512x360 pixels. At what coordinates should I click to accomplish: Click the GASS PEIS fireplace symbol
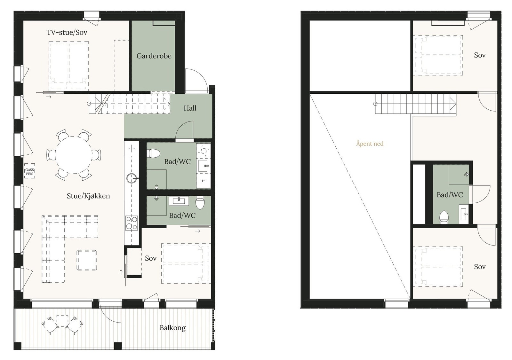pyautogui.click(x=30, y=172)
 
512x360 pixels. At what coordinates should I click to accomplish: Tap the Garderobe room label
pyautogui.click(x=154, y=56)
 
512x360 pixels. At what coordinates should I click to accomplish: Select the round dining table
pyautogui.click(x=74, y=155)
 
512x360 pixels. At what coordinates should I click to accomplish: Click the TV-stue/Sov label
pyautogui.click(x=67, y=32)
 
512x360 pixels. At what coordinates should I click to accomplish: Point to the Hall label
pyautogui.click(x=190, y=108)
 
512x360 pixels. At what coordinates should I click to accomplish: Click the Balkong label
pyautogui.click(x=172, y=328)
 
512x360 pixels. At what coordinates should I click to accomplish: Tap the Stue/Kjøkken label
pyautogui.click(x=88, y=196)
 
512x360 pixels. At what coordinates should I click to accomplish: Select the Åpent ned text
pyautogui.click(x=370, y=144)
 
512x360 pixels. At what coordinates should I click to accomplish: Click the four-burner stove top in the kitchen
pyautogui.click(x=132, y=223)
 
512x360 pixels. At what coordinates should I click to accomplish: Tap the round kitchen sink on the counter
pyautogui.click(x=132, y=178)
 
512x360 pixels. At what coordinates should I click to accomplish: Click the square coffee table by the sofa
pyautogui.click(x=87, y=260)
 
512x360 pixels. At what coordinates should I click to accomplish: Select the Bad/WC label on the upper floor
pyautogui.click(x=450, y=195)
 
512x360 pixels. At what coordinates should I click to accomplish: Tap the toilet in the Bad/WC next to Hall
pyautogui.click(x=154, y=154)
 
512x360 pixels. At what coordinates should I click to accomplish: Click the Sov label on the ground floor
pyautogui.click(x=150, y=258)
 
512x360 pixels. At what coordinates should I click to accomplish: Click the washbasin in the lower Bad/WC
pyautogui.click(x=179, y=201)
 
